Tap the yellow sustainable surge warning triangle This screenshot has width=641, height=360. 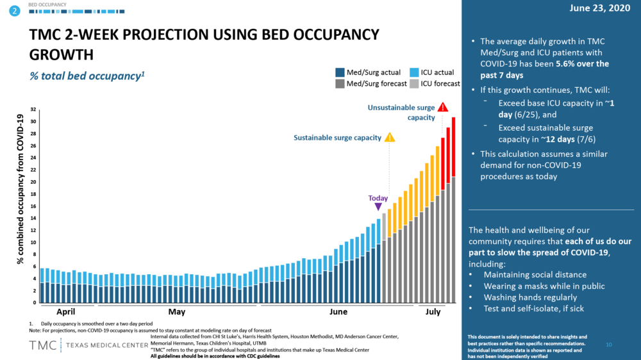pyautogui.click(x=390, y=137)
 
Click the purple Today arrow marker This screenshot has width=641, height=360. pyautogui.click(x=378, y=207)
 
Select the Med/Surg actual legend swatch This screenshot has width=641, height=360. pyautogui.click(x=340, y=72)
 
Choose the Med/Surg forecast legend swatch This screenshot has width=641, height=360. pyautogui.click(x=340, y=83)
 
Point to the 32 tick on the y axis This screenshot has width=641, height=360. pyautogui.click(x=33, y=110)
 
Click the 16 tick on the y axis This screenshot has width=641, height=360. pyautogui.click(x=33, y=206)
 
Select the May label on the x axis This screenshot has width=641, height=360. pyautogui.click(x=177, y=312)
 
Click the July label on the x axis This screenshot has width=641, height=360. pyautogui.click(x=434, y=312)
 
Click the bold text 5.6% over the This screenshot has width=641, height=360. pyautogui.click(x=577, y=63)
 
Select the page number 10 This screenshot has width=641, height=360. pyautogui.click(x=609, y=345)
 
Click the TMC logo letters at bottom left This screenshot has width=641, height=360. pyautogui.click(x=42, y=345)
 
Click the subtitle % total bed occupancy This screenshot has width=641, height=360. pyautogui.click(x=87, y=76)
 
